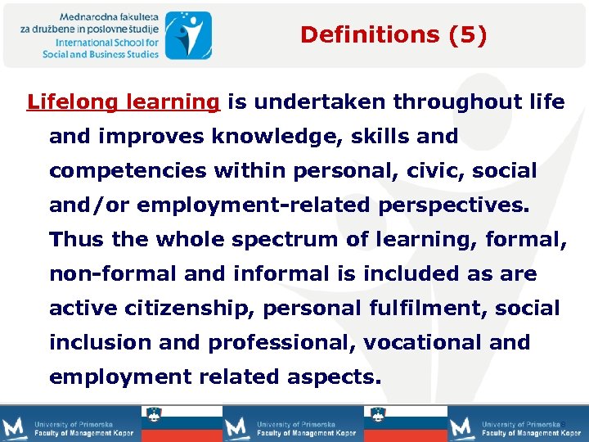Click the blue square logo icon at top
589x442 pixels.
click(188, 35)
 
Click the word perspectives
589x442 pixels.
click(454, 205)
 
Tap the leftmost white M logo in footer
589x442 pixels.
click(15, 427)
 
